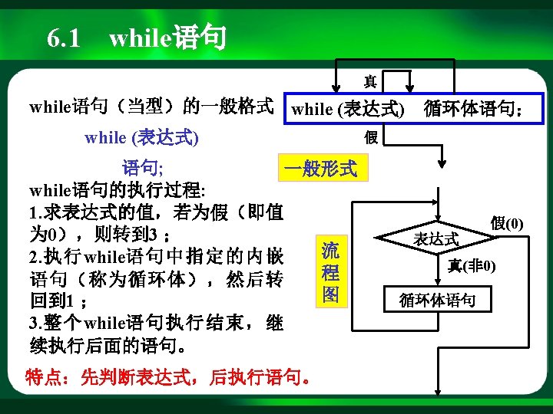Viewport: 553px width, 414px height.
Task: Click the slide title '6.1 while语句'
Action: click(136, 38)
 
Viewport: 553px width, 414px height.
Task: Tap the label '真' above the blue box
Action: click(370, 80)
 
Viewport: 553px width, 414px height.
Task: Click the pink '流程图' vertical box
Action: click(330, 272)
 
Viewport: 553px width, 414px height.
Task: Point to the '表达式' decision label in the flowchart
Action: click(435, 238)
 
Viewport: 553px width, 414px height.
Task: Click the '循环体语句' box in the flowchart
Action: click(437, 299)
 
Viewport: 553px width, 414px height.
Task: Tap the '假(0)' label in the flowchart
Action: click(507, 223)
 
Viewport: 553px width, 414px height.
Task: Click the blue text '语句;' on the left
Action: click(142, 168)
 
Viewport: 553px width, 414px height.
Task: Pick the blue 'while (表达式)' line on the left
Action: click(142, 138)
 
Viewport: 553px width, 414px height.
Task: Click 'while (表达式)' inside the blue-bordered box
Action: click(348, 109)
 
